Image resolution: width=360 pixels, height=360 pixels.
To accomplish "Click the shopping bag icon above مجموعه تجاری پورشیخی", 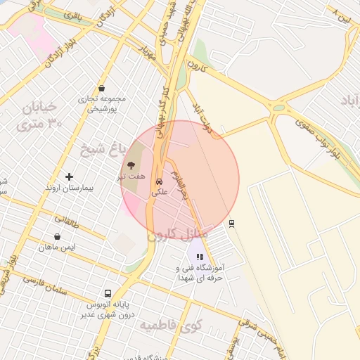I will tap(103, 89).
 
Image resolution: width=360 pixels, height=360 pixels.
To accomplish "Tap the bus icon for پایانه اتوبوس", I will tap(108, 293).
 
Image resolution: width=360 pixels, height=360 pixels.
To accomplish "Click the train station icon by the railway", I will tap(231, 223).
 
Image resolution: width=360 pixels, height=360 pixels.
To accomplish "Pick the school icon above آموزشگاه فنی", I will tap(199, 257).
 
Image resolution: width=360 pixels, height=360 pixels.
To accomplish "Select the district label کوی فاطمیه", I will tap(169, 326).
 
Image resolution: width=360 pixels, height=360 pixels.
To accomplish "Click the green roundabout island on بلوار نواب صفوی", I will tap(279, 108).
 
